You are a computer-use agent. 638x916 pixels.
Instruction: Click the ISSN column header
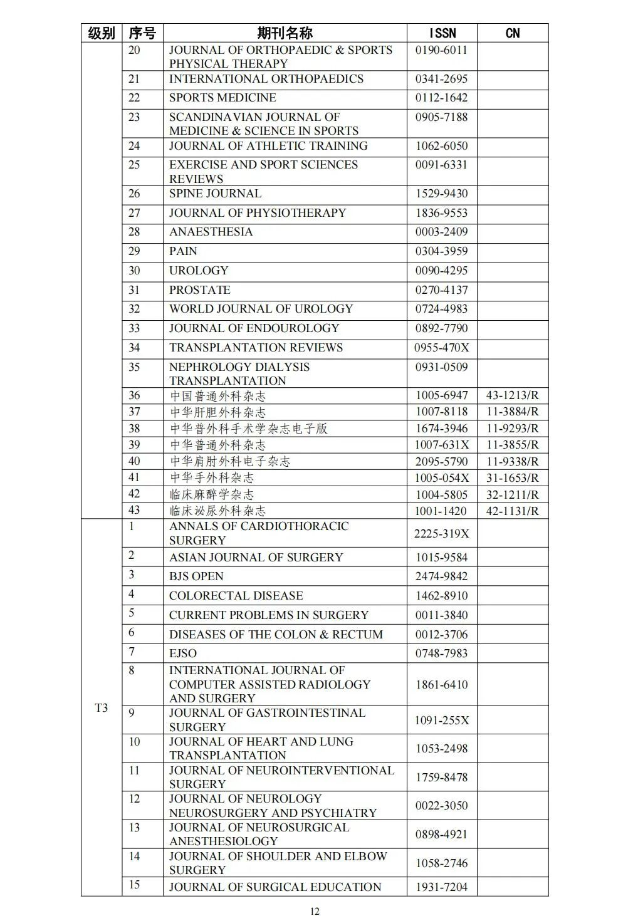click(x=442, y=33)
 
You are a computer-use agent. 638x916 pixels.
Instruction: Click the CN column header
click(x=512, y=33)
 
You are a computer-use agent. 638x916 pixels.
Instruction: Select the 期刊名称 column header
click(x=285, y=33)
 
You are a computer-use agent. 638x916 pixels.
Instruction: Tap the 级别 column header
click(x=101, y=33)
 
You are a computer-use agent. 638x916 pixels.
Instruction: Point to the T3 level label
click(x=101, y=708)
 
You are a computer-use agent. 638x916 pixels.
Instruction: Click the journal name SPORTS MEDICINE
click(x=222, y=98)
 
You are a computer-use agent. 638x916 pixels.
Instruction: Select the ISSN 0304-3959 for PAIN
click(x=441, y=251)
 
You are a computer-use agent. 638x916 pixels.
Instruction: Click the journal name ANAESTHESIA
click(x=211, y=232)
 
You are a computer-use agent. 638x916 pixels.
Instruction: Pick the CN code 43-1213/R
click(x=512, y=395)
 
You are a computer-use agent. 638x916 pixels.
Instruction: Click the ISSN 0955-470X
click(x=441, y=348)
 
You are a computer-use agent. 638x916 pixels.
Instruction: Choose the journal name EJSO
click(x=183, y=653)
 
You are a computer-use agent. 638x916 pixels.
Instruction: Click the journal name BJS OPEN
click(x=196, y=576)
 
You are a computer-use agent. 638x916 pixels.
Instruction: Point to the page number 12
click(x=315, y=911)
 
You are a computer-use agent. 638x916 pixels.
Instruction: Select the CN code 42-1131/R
click(x=512, y=511)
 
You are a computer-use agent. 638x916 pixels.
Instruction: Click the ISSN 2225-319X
click(x=441, y=534)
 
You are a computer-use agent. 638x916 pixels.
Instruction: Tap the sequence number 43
click(x=134, y=510)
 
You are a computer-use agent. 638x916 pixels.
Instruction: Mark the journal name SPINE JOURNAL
click(x=215, y=194)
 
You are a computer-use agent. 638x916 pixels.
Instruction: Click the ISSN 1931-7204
click(x=441, y=887)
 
